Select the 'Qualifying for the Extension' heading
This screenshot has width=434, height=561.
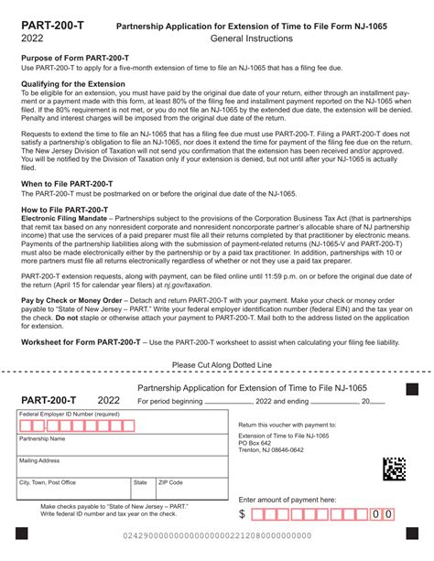pyautogui.click(x=75, y=83)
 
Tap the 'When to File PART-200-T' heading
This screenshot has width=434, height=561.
pyautogui.click(x=68, y=184)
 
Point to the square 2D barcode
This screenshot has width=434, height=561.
pyautogui.click(x=394, y=469)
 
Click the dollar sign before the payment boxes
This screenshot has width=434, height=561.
pyautogui.click(x=243, y=514)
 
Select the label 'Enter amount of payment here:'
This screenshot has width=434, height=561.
pyautogui.click(x=287, y=500)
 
